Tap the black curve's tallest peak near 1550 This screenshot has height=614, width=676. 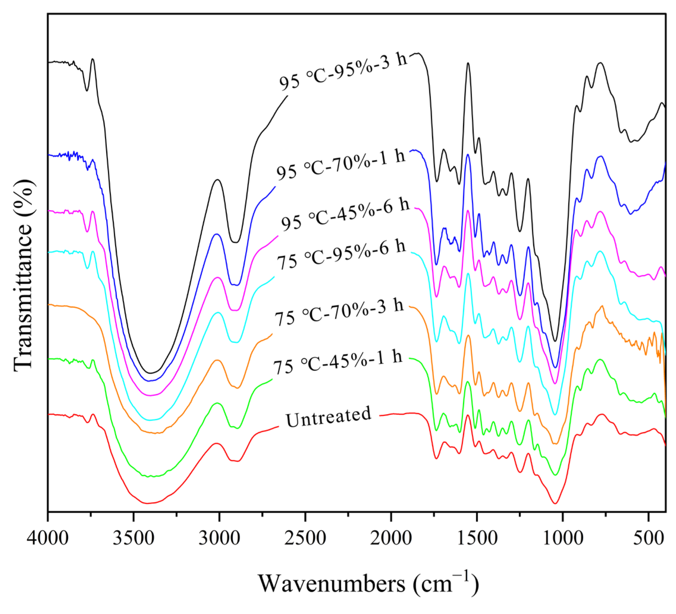pos(468,63)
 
